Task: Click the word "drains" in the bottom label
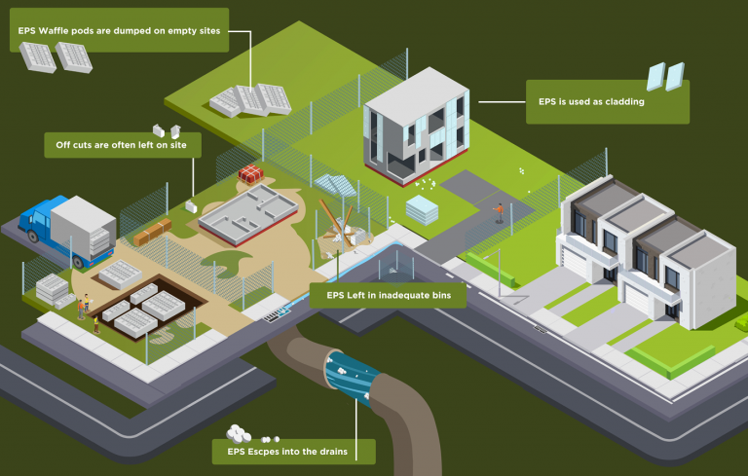(x=330, y=451)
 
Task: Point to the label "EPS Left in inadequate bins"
(x=387, y=294)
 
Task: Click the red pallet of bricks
(x=251, y=174)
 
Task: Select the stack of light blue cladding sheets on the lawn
(x=423, y=207)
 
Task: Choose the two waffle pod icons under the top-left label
(x=56, y=57)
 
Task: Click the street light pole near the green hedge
(x=499, y=265)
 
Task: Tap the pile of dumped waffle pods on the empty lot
(x=250, y=99)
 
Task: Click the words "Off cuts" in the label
(x=73, y=145)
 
